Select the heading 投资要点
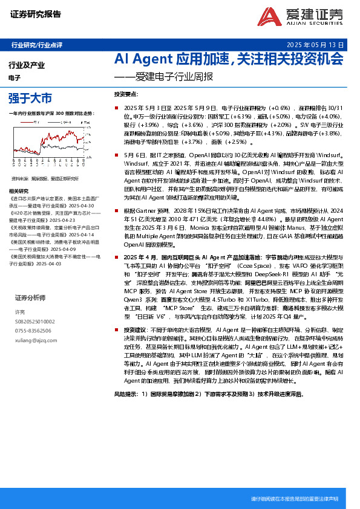click(126, 95)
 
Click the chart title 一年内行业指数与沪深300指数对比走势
click(52, 113)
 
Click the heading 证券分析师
click(30, 298)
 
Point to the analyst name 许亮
click(20, 312)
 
